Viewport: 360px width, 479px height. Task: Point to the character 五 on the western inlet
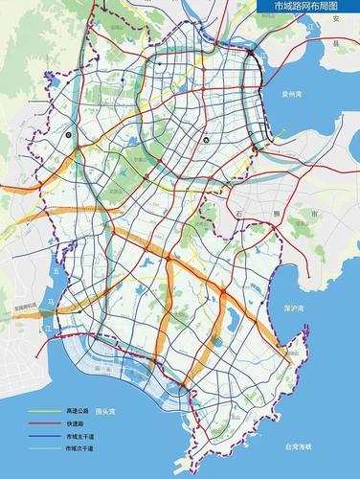57,270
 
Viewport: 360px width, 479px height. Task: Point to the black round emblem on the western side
68,136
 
